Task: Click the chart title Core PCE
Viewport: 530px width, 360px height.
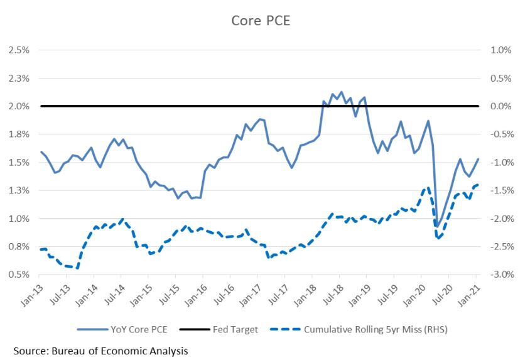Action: (x=261, y=21)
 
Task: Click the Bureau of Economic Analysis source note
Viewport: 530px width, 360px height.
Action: (x=100, y=350)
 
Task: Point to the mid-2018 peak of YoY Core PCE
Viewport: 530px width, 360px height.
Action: (x=341, y=92)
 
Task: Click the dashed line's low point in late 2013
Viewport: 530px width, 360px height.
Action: (x=77, y=268)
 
